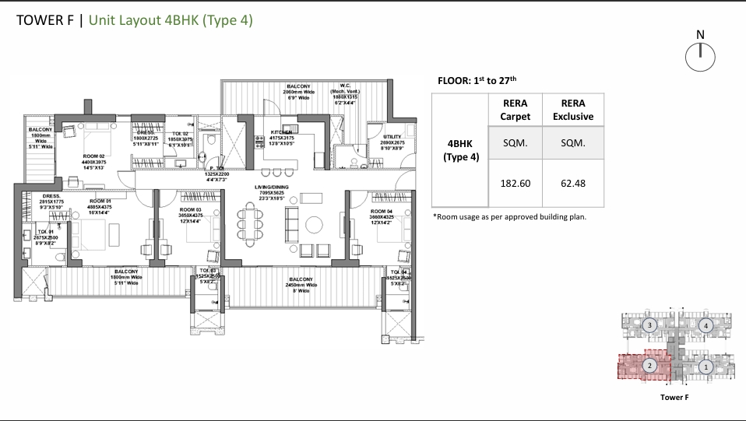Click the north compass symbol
[700, 55]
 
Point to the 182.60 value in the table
[515, 184]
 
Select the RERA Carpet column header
[515, 110]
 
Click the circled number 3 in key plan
[649, 325]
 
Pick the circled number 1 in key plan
[706, 366]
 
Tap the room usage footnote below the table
[509, 217]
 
